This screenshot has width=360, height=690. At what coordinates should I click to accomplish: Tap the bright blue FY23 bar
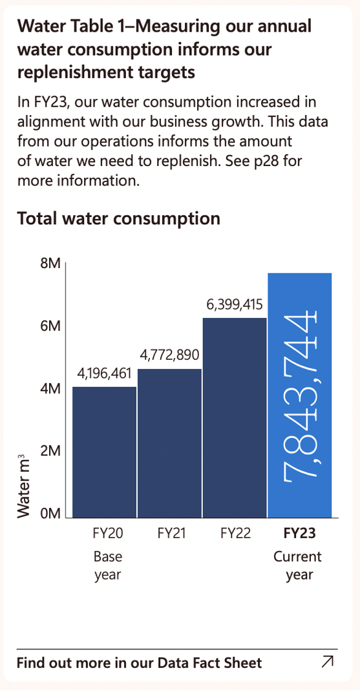click(x=299, y=394)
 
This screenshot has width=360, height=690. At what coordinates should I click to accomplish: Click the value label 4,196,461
click(x=104, y=374)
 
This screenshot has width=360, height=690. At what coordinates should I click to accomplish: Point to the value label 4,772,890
click(x=169, y=355)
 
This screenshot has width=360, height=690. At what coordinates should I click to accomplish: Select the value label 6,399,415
click(x=235, y=304)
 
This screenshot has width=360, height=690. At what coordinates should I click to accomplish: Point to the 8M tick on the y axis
click(x=50, y=264)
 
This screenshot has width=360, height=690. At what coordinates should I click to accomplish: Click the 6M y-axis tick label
click(x=50, y=326)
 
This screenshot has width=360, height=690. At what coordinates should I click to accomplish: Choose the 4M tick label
click(x=50, y=389)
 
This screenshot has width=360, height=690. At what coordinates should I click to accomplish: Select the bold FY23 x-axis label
click(x=299, y=534)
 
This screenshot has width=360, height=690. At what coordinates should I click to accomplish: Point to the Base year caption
click(x=108, y=565)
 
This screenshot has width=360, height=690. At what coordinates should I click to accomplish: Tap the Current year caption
click(x=297, y=565)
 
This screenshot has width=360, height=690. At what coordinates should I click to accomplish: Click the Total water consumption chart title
click(x=118, y=218)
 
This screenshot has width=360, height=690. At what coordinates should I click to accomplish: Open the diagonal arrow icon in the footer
click(x=328, y=661)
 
